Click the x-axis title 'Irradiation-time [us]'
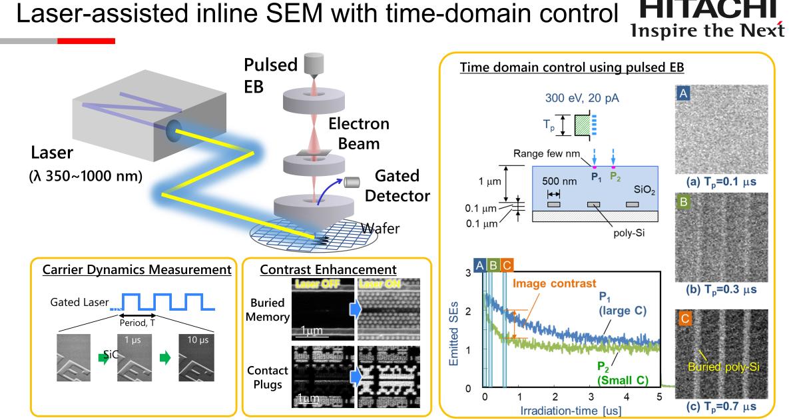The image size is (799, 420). [x=571, y=409]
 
